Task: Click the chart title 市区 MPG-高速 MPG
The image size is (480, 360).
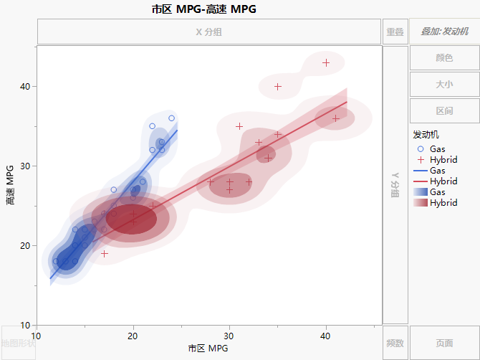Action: click(x=203, y=9)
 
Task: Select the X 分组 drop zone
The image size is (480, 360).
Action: click(x=208, y=32)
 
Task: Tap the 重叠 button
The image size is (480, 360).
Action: click(x=395, y=32)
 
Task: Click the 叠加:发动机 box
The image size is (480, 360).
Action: click(x=444, y=32)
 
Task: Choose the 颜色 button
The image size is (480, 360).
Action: click(x=444, y=58)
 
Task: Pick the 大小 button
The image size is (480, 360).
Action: click(x=444, y=84)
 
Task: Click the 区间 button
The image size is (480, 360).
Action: click(x=444, y=110)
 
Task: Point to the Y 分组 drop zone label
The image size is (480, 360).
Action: click(x=395, y=185)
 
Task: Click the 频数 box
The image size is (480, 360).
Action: click(x=395, y=343)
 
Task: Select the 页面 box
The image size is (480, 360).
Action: click(x=444, y=343)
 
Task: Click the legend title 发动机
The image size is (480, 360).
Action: click(x=426, y=134)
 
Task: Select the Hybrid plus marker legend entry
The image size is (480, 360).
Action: click(x=437, y=160)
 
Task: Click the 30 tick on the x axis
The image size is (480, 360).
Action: click(x=229, y=336)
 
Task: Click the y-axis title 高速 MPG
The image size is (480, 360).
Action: click(x=9, y=185)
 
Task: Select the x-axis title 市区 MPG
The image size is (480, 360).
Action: click(x=208, y=349)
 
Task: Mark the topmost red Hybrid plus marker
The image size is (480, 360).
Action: click(x=326, y=63)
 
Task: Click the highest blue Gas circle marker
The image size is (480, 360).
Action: click(x=172, y=118)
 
